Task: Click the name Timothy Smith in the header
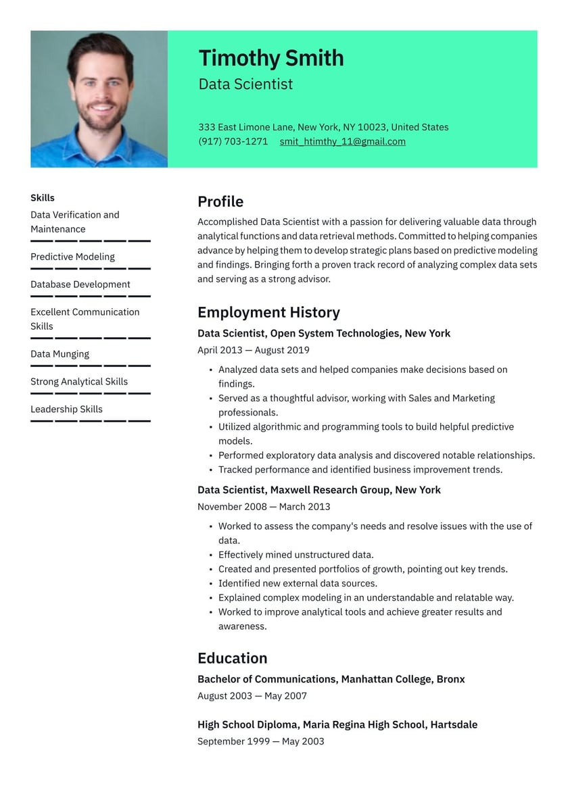click(x=270, y=58)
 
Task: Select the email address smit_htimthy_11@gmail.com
click(x=342, y=141)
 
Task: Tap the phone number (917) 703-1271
click(x=233, y=141)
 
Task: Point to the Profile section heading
click(x=220, y=201)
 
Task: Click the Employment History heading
click(x=268, y=312)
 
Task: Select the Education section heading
click(x=232, y=658)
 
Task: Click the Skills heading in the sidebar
click(x=43, y=198)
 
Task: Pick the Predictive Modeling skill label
click(x=72, y=257)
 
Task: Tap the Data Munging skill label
click(x=60, y=354)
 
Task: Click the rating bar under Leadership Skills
click(x=90, y=421)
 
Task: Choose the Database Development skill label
click(x=80, y=284)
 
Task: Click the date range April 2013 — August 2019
click(x=254, y=350)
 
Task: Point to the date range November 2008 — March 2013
click(x=264, y=507)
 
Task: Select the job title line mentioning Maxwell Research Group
click(x=318, y=490)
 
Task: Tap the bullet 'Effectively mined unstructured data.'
click(x=295, y=555)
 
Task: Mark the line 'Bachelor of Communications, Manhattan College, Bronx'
click(x=331, y=679)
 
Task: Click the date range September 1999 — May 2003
click(x=260, y=741)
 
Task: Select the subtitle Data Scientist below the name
click(x=245, y=84)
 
